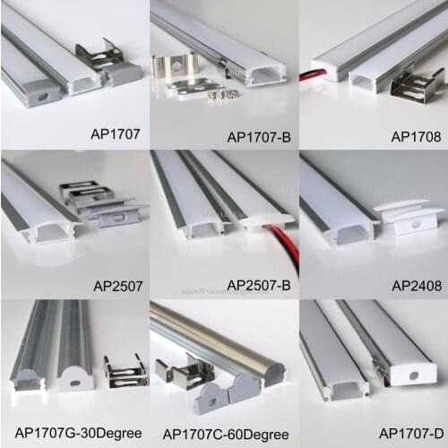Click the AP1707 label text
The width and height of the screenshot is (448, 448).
click(x=115, y=114)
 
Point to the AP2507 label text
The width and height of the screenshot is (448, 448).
click(x=116, y=288)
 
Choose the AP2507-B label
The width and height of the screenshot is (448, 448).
click(x=259, y=285)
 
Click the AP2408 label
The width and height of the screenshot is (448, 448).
click(x=415, y=287)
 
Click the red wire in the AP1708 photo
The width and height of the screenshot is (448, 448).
click(x=316, y=71)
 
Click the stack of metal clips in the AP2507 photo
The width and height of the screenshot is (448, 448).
click(x=90, y=200)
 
